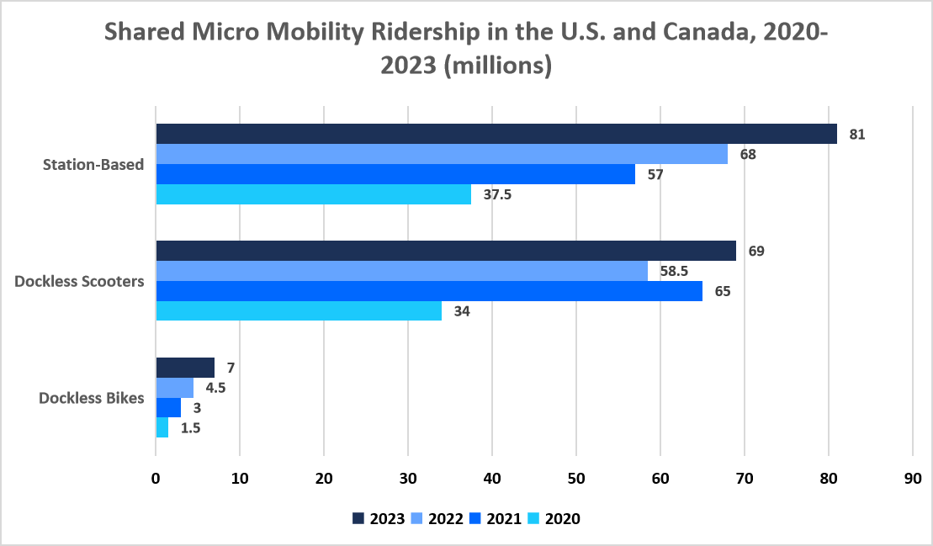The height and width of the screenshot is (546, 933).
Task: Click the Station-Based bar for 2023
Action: point(496,134)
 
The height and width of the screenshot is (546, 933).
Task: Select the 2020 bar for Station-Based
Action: point(314,194)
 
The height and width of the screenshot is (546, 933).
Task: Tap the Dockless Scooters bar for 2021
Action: point(429,291)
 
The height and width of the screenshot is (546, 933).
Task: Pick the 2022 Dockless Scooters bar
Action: point(402,271)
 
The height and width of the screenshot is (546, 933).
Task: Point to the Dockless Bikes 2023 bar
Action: point(185,368)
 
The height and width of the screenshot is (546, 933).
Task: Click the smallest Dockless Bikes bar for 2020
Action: point(162,428)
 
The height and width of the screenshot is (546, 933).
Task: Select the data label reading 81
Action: point(857,134)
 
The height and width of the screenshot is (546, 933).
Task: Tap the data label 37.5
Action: point(498,195)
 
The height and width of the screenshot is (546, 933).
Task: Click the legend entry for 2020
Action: point(554,518)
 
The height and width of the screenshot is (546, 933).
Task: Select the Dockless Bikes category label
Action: point(92,398)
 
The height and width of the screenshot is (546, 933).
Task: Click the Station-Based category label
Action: point(93,165)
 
